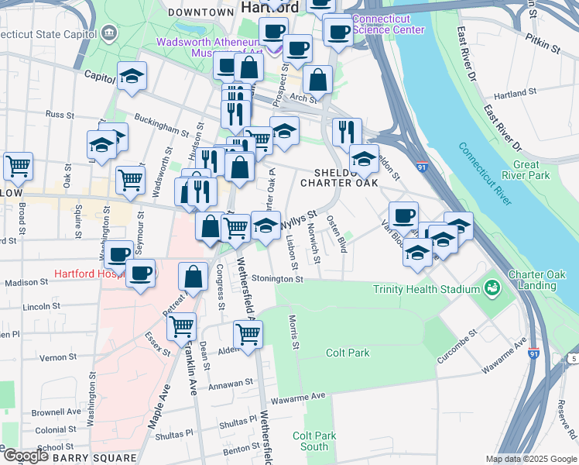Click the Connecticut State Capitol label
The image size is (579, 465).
click(47, 34)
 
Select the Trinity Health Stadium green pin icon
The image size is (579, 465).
click(491, 289)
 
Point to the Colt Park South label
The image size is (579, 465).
click(314, 441)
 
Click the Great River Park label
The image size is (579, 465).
click(526, 170)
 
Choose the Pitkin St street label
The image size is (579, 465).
click(543, 48)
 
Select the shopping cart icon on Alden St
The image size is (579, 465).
click(248, 334)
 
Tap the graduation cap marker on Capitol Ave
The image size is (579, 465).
click(132, 77)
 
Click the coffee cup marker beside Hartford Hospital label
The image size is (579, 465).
click(140, 274)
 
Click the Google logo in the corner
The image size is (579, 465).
click(25, 456)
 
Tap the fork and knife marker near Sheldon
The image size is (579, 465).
click(347, 131)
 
